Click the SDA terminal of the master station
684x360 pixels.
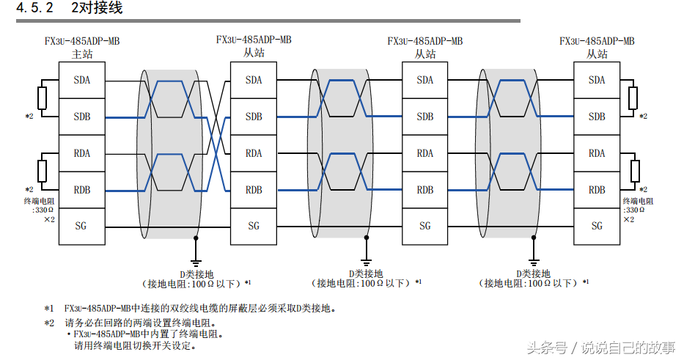82,80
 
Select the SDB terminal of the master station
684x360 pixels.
82,117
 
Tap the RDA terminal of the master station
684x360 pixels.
82,153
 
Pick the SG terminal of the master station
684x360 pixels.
82,226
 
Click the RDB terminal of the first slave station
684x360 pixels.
254,190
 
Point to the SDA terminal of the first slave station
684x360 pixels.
254,80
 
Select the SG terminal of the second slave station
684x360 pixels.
425,226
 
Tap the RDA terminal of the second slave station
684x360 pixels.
425,153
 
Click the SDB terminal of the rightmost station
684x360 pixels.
597,117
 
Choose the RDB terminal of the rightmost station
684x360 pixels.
597,190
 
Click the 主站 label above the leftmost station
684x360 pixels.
82,54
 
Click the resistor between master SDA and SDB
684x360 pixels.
42,98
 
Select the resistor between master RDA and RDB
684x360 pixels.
42,172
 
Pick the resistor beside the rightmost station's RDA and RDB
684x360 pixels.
633,172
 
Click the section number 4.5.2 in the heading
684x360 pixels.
35,9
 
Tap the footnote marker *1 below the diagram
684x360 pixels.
48,309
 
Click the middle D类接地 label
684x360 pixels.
364,273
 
